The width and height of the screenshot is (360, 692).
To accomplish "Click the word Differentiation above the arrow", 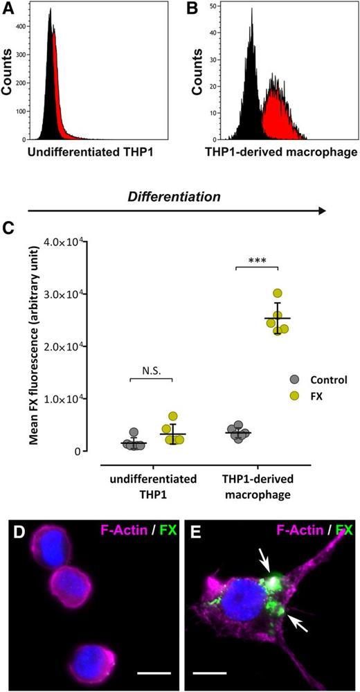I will tap(174, 197).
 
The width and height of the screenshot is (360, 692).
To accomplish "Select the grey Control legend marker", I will tap(292, 380).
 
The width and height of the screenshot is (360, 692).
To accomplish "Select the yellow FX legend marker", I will tap(292, 398).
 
